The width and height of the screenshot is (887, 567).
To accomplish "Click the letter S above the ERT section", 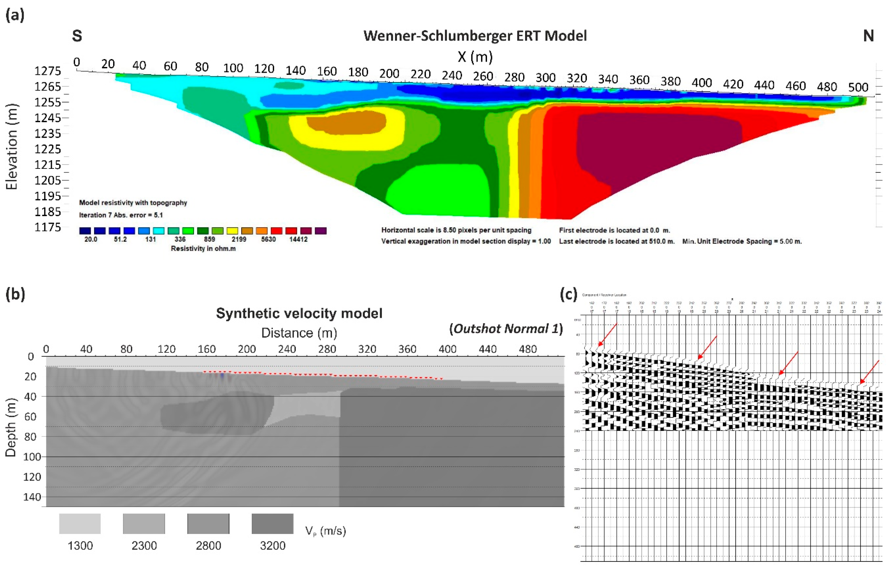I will (x=77, y=36).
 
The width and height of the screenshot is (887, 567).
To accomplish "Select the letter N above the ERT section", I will (x=868, y=36).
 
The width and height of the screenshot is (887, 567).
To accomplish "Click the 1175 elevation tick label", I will (x=48, y=227).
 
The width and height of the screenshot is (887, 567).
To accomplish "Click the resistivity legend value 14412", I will (x=298, y=239).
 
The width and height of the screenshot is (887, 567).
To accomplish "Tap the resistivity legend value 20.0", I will (x=91, y=239).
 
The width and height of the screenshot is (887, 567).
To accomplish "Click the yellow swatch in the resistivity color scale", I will (x=232, y=231).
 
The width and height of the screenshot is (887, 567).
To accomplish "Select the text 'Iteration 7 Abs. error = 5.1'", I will (x=121, y=215).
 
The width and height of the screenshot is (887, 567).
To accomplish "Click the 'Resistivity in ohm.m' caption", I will (x=203, y=248).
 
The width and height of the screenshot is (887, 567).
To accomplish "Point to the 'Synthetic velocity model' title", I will (x=299, y=313).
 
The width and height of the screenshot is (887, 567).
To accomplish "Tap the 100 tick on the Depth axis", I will (x=32, y=457).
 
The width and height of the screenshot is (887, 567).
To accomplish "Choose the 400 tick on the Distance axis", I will (x=447, y=349).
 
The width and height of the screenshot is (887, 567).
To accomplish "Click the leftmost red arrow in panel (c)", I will (x=607, y=335).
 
